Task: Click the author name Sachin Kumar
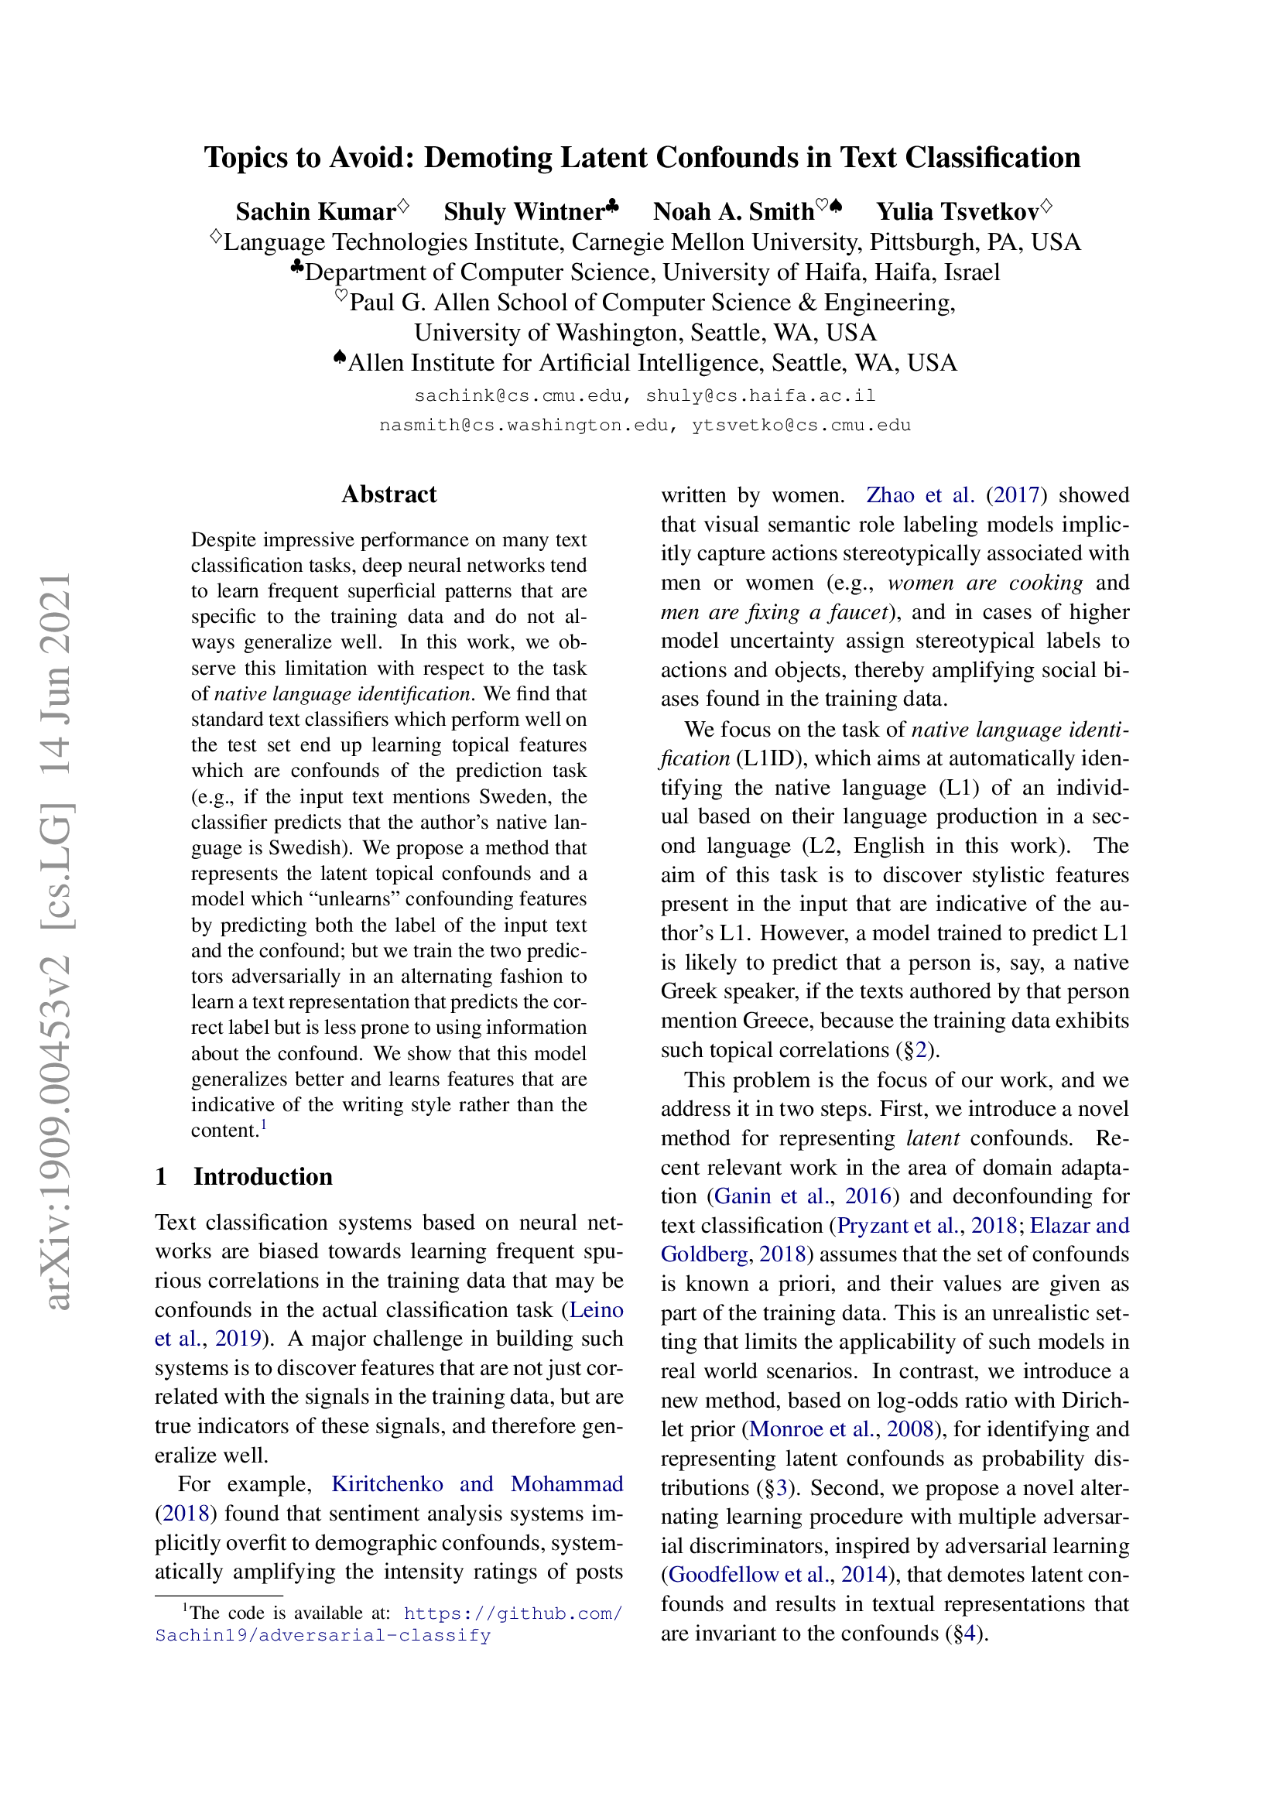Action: (315, 211)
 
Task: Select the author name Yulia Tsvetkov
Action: (957, 211)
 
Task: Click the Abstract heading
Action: (388, 494)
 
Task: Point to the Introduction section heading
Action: (262, 1176)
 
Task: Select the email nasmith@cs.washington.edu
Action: (524, 426)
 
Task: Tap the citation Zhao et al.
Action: (920, 495)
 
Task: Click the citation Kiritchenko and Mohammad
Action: (477, 1484)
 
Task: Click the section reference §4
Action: (963, 1633)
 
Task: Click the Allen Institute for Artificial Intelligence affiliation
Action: (652, 363)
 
